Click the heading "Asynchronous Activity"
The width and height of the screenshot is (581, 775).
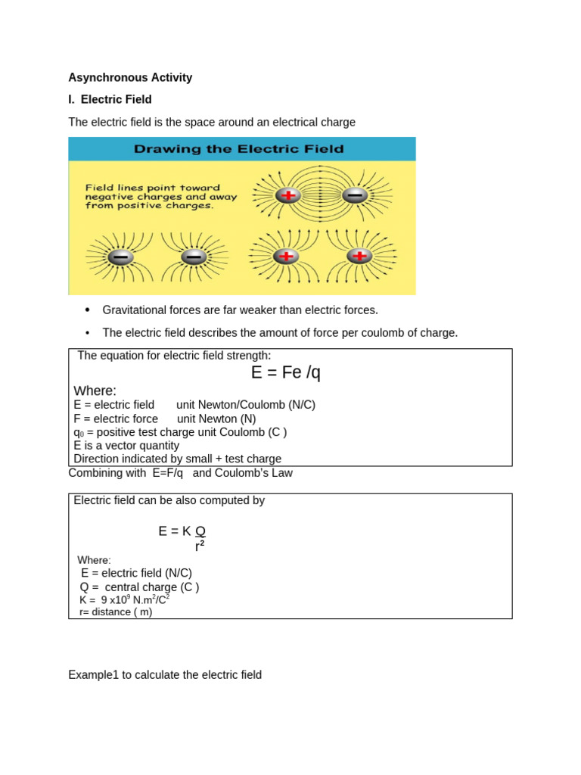coord(130,77)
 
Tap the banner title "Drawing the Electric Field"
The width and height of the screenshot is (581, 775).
coord(238,149)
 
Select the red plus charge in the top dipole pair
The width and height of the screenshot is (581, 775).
coord(288,195)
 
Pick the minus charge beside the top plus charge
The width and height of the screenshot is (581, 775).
coord(354,195)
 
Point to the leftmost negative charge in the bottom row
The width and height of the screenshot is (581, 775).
coord(120,257)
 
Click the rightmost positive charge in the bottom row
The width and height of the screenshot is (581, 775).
coord(359,257)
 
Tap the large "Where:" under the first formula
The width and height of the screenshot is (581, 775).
coord(95,391)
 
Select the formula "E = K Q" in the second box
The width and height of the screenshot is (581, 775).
coord(182,531)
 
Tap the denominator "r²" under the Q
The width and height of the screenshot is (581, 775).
coord(200,546)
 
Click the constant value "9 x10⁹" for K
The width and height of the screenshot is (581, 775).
coord(116,599)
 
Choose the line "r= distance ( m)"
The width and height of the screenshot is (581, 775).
coord(116,612)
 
